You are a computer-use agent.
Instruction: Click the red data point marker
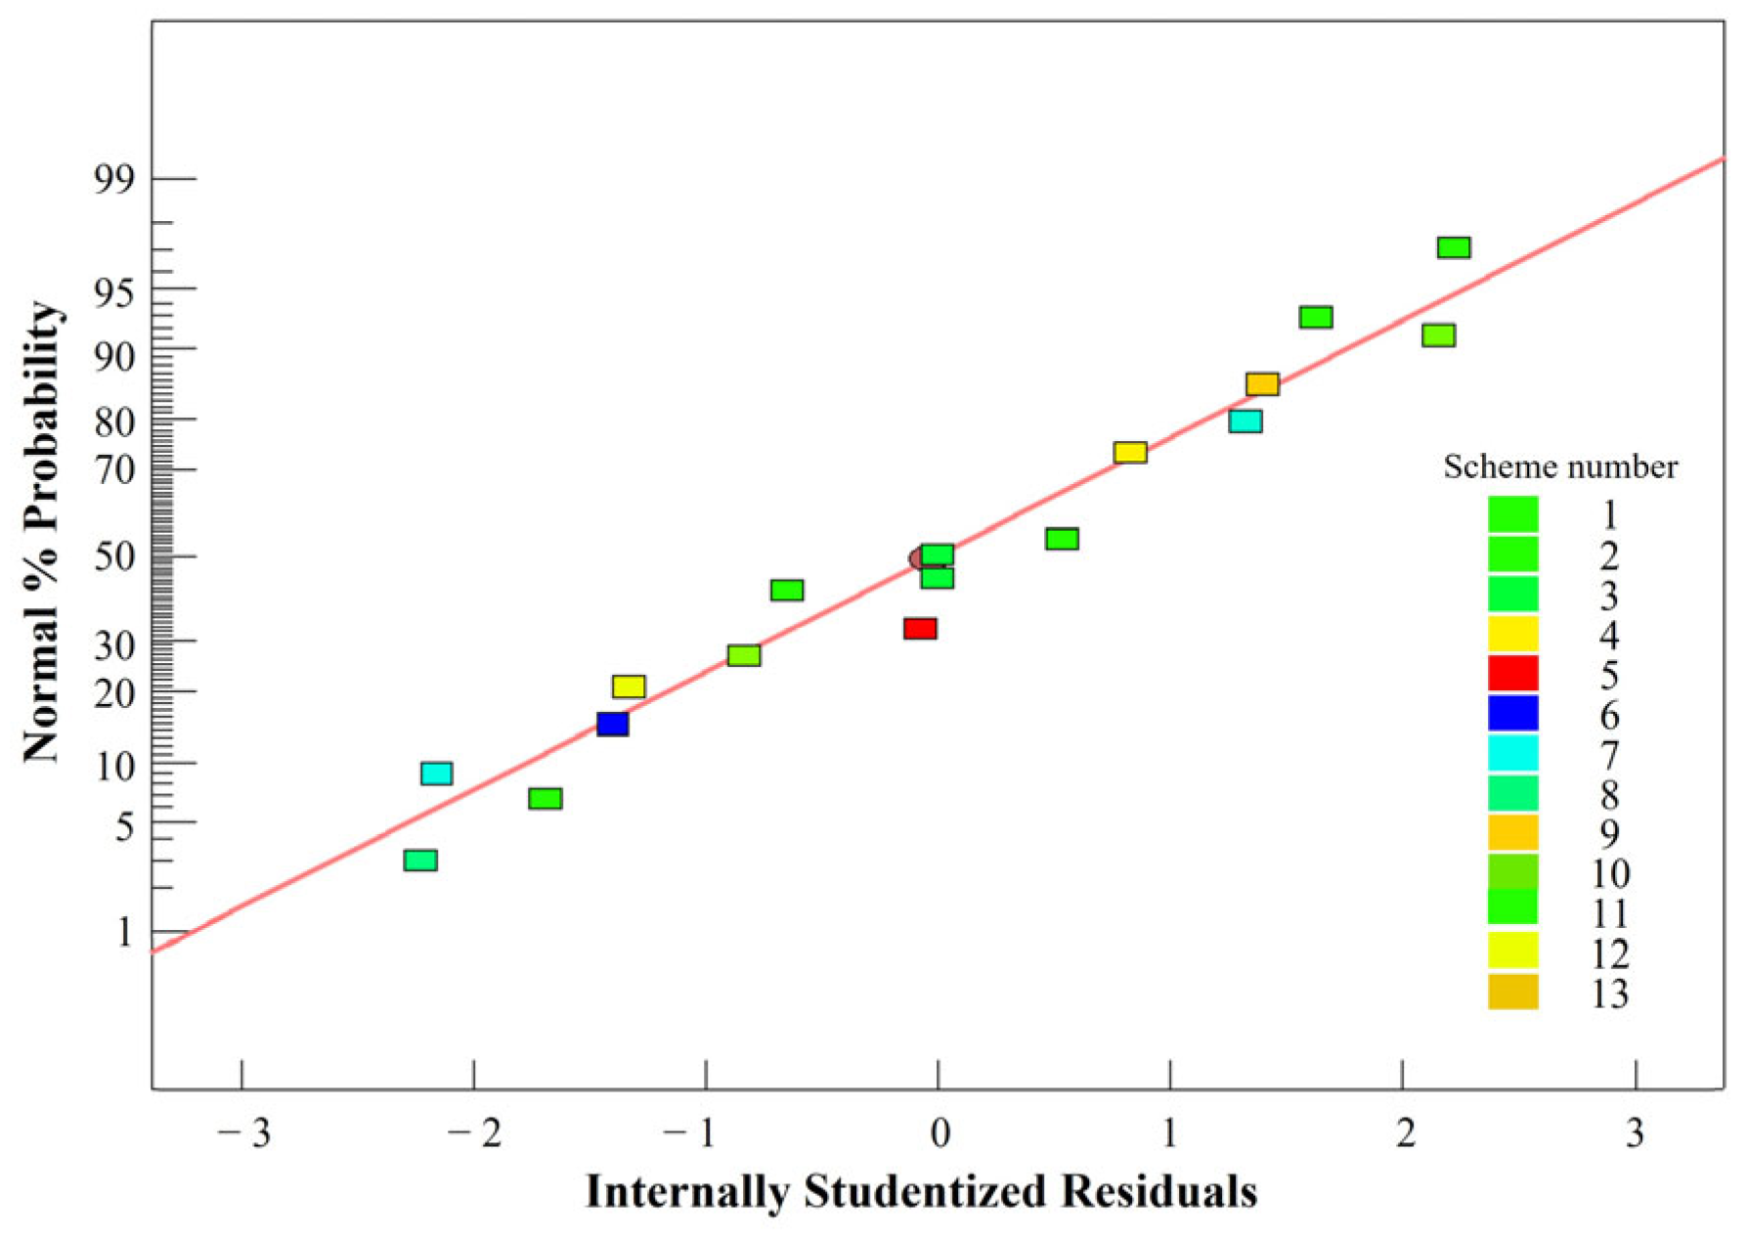pyautogui.click(x=920, y=629)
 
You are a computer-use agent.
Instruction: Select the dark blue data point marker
pyautogui.click(x=612, y=725)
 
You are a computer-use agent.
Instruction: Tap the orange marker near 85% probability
pyautogui.click(x=1262, y=384)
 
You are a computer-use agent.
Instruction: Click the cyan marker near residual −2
pyautogui.click(x=436, y=774)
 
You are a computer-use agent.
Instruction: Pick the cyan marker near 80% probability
pyautogui.click(x=1245, y=421)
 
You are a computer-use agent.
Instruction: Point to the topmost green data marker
pyautogui.click(x=1454, y=247)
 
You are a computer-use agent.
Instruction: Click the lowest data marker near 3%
pyautogui.click(x=420, y=861)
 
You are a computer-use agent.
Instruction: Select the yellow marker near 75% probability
pyautogui.click(x=1130, y=453)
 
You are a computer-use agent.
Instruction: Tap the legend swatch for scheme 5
pyautogui.click(x=1512, y=674)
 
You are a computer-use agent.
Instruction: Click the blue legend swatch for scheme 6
pyautogui.click(x=1512, y=714)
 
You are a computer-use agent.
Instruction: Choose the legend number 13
pyautogui.click(x=1609, y=994)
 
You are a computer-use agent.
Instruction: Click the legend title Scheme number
pyautogui.click(x=1560, y=467)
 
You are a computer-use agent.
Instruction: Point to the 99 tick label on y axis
pyautogui.click(x=113, y=180)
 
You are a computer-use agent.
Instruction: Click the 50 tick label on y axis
pyautogui.click(x=113, y=557)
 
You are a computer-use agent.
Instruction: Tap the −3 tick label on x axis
pyautogui.click(x=244, y=1133)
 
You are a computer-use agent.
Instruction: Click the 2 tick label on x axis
pyautogui.click(x=1405, y=1133)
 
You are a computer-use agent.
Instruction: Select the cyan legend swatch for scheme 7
pyautogui.click(x=1512, y=754)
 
